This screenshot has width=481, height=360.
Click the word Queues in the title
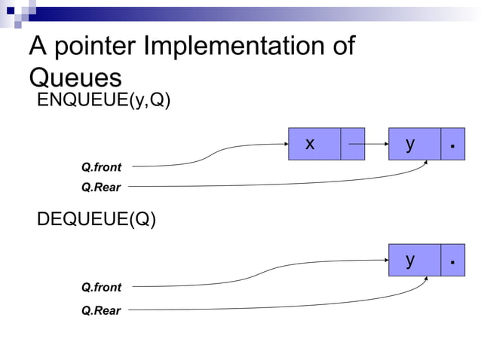click(75, 78)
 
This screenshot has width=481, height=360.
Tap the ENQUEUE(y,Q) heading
click(104, 102)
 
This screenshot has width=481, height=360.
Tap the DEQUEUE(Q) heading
click(97, 221)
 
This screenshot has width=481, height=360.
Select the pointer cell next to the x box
click(352, 144)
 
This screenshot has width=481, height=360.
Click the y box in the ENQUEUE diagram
click(414, 144)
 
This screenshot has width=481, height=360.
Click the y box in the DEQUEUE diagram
click(414, 261)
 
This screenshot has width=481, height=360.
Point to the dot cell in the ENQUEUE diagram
click(452, 144)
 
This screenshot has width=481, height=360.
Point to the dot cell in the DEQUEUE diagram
click(452, 261)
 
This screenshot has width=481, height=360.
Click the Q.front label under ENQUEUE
click(101, 166)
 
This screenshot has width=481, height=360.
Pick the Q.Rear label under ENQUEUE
click(101, 186)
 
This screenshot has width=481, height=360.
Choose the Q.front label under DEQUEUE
click(101, 287)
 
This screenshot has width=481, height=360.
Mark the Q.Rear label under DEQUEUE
click(101, 310)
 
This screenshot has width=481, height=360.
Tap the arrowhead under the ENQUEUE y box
click(427, 163)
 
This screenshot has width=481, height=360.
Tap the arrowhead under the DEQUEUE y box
click(427, 280)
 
